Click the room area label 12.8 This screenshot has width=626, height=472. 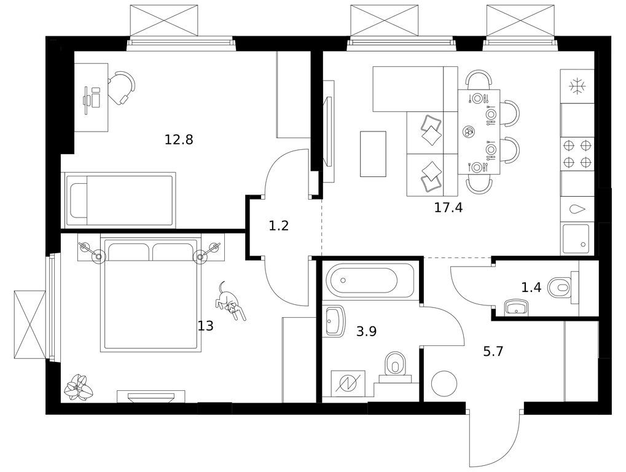(179, 140)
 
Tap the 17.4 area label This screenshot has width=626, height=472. (448, 208)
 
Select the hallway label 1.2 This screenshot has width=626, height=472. (279, 226)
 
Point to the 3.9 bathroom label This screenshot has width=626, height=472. (367, 331)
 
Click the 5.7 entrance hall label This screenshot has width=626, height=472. (493, 352)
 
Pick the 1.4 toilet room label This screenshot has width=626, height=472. (531, 287)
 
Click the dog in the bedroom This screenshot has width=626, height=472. (231, 301)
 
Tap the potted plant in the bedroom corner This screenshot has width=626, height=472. (79, 387)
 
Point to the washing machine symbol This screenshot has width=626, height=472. (348, 383)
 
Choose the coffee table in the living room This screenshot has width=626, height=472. (373, 154)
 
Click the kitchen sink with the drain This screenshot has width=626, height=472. (575, 239)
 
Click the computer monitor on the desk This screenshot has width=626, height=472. (87, 100)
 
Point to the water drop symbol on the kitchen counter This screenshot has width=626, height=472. (577, 209)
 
